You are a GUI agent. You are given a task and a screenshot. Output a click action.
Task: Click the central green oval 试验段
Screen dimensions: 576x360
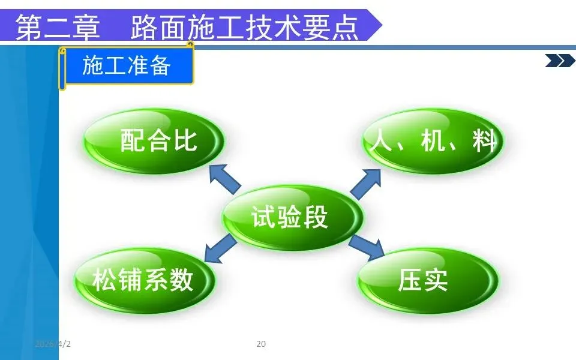point(293,217)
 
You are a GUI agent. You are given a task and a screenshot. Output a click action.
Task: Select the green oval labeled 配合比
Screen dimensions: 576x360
point(154,141)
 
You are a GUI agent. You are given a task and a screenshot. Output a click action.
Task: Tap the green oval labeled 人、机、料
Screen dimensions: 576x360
point(434,142)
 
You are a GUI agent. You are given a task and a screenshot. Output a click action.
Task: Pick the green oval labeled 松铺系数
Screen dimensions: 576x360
point(144,280)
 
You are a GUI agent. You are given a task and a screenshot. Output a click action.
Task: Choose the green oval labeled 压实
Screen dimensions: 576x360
point(428,280)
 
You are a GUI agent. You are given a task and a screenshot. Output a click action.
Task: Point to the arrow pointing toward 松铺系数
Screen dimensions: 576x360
point(220,248)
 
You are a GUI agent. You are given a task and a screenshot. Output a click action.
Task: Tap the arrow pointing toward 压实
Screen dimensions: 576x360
point(367,246)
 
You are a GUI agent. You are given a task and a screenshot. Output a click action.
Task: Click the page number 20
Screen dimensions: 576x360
point(261,344)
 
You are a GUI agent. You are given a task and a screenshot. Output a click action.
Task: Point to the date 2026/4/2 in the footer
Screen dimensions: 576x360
point(53,344)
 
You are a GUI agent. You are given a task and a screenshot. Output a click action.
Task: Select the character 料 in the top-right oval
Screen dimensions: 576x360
point(483,142)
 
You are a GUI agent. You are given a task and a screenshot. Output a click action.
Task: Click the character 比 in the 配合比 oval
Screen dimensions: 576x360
point(185,141)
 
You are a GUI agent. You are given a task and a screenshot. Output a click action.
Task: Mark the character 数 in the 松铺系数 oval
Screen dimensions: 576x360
point(181,280)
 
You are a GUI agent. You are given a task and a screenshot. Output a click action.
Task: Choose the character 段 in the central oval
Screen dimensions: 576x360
point(317,217)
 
